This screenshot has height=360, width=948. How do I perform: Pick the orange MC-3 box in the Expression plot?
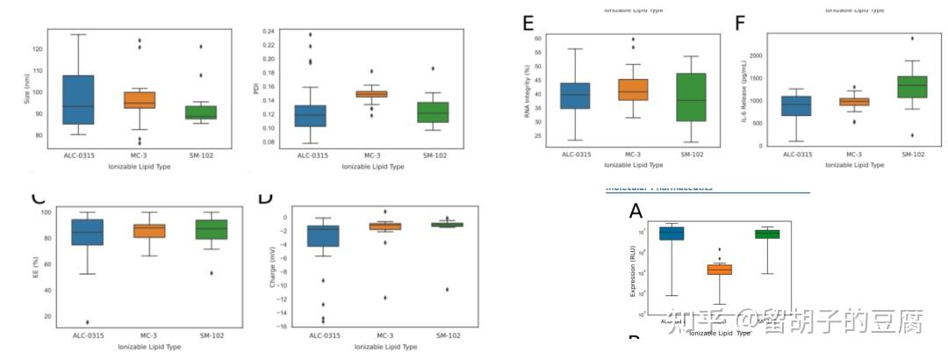(x=720, y=270)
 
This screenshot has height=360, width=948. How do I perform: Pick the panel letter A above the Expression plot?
(x=636, y=211)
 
